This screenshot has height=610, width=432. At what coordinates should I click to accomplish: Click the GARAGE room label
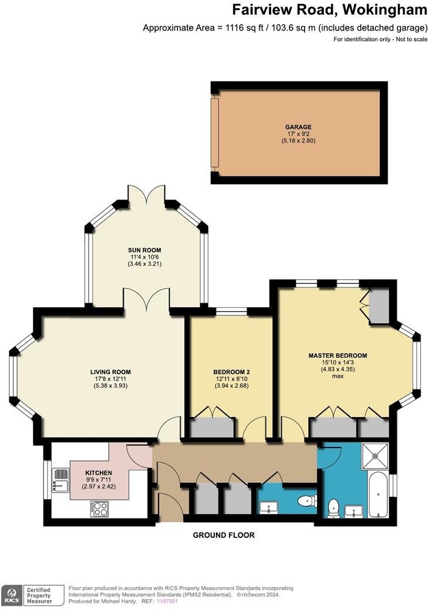pyautogui.click(x=298, y=127)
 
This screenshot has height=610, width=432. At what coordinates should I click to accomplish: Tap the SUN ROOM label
pyautogui.click(x=144, y=250)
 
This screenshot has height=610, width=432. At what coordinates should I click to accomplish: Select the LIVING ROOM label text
pyautogui.click(x=110, y=372)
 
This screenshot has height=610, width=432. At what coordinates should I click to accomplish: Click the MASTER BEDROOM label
pyautogui.click(x=338, y=355)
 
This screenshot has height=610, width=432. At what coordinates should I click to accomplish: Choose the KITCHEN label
pyautogui.click(x=99, y=473)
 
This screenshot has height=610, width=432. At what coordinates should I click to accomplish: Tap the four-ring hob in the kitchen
pyautogui.click(x=99, y=508)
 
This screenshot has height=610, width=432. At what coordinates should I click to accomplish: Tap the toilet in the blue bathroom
pyautogui.click(x=334, y=508)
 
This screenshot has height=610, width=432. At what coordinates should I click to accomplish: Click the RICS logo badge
pyautogui.click(x=11, y=595)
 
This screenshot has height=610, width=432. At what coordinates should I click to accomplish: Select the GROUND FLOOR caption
pyautogui.click(x=224, y=535)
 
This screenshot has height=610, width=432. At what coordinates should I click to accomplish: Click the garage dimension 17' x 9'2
pyautogui.click(x=298, y=134)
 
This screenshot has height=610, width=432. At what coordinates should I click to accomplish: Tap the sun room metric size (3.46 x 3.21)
pyautogui.click(x=144, y=264)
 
